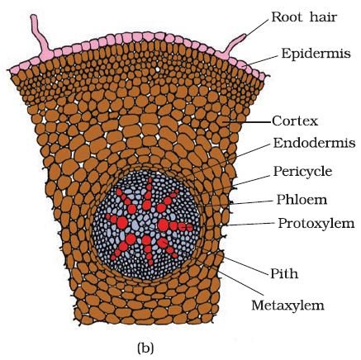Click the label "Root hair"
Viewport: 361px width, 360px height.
click(x=304, y=17)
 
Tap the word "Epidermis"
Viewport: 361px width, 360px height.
click(x=316, y=54)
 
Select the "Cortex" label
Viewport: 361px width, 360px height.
click(x=295, y=121)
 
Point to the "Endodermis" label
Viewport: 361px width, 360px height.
click(x=314, y=143)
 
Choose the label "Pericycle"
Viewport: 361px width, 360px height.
click(x=302, y=172)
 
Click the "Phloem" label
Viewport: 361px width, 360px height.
click(x=302, y=200)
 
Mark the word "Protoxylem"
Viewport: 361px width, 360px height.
click(x=316, y=223)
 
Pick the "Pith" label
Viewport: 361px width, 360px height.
click(x=284, y=273)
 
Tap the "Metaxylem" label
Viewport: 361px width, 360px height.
click(x=287, y=305)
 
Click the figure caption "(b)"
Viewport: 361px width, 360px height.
click(x=145, y=348)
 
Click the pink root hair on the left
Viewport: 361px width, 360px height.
click(x=40, y=36)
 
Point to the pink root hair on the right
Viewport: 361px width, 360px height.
click(x=234, y=46)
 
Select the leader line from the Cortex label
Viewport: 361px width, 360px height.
click(x=248, y=121)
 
